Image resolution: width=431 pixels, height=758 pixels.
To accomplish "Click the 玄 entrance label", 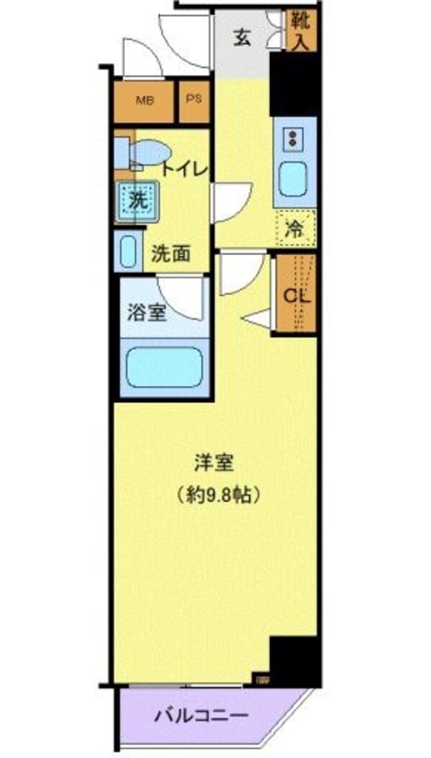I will click(x=242, y=39).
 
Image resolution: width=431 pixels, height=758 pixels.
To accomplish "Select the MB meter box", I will click(x=144, y=100).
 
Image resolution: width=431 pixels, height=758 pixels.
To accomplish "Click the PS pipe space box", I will click(x=194, y=100).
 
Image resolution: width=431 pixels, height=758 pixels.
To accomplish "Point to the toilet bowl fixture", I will click(x=147, y=152).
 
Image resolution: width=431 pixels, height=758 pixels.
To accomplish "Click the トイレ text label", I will click(x=184, y=170).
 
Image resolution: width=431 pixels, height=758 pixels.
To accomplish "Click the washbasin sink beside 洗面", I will click(x=129, y=252).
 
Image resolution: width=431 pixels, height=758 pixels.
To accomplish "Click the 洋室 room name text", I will click(x=214, y=463).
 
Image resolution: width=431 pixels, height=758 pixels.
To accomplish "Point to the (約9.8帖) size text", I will click(x=214, y=495).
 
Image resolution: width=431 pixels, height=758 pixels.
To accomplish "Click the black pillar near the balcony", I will click(x=294, y=660).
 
